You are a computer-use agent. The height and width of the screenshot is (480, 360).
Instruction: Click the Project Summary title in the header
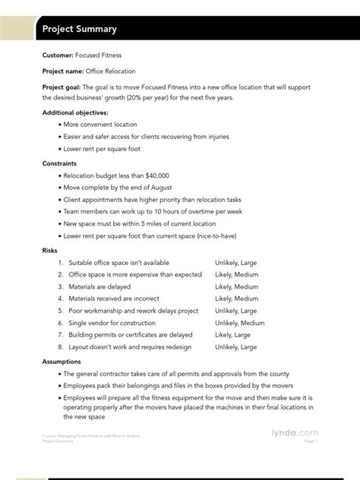80,29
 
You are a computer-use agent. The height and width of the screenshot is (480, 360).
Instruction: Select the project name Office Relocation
111,71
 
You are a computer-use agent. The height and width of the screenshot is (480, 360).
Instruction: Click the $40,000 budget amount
174,175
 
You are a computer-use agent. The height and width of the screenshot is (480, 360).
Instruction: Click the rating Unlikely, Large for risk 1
240,262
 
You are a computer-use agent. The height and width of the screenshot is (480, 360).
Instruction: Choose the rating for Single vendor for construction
240,323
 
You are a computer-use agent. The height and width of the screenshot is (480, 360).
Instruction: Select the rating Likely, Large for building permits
232,335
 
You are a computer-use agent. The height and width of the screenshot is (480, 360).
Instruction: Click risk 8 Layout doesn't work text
126,347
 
